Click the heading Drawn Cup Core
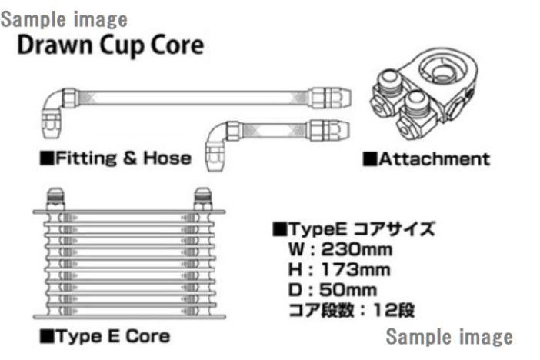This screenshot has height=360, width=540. [111, 46]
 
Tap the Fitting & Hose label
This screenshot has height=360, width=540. [123, 158]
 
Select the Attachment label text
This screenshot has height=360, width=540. [435, 159]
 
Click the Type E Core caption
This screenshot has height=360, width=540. [113, 336]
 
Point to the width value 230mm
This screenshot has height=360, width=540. [357, 250]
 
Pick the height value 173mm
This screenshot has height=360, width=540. [356, 269]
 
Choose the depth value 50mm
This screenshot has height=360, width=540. [348, 290]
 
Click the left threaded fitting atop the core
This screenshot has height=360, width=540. [55, 198]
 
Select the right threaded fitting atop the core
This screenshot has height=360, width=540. [203, 198]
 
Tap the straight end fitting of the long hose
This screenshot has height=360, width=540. [330, 98]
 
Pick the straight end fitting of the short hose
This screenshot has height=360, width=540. [328, 130]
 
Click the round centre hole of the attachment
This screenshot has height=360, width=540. [442, 72]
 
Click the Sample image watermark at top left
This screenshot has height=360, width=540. [64, 20]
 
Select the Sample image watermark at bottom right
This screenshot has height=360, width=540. [449, 337]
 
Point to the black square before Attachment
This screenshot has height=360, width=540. [370, 159]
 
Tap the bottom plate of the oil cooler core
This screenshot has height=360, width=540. [129, 316]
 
